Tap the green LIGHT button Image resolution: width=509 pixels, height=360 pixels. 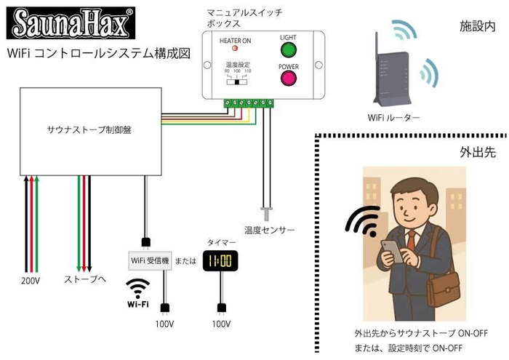(x=289, y=50)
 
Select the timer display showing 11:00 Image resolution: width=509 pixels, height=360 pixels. (x=218, y=260)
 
